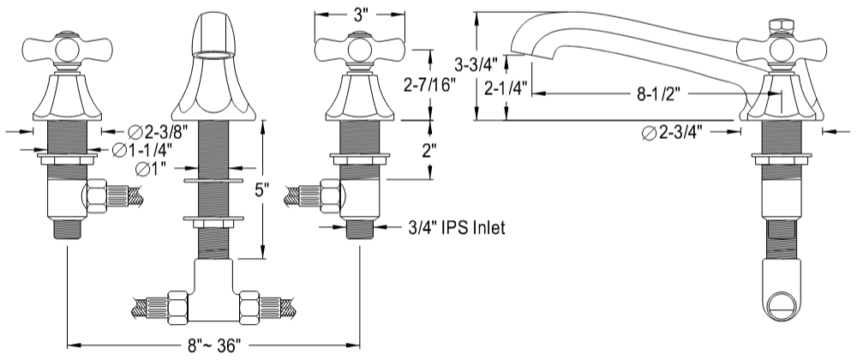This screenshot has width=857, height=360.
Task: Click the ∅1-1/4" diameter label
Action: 143,151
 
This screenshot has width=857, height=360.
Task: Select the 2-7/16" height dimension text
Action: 428,84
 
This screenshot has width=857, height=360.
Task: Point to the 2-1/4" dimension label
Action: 505,87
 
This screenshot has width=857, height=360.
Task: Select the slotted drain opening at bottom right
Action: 781,303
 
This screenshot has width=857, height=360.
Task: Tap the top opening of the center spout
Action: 210,53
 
